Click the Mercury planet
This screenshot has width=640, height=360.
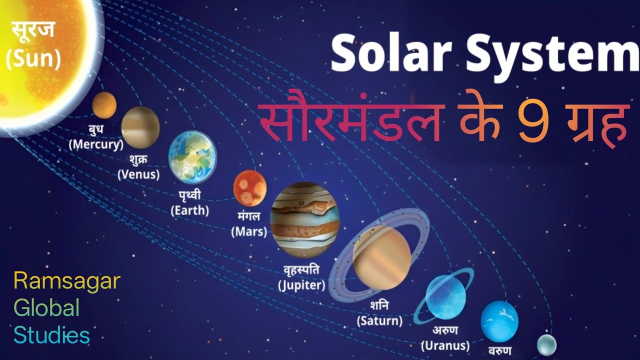coord(104,105)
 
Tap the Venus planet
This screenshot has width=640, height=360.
coord(140,127)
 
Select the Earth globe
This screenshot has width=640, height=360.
coord(192,157)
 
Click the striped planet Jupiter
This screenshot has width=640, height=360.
coord(304,219)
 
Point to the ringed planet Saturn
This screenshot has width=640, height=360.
coord(381,257)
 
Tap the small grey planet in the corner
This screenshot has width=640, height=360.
coord(546,345)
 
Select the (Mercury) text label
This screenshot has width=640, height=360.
coord(96,145)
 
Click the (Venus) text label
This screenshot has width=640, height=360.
coord(138,175)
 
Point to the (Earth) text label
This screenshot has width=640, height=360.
coord(189,210)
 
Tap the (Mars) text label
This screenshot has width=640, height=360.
coord(249,232)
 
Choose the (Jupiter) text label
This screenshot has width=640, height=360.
coord(301,286)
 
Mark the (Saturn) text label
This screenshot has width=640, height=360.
coord(380,320)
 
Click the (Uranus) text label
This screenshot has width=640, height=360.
coord(445,345)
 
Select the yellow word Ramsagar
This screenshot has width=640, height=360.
coord(67,281)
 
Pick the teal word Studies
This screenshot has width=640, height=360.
coord(52,335)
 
